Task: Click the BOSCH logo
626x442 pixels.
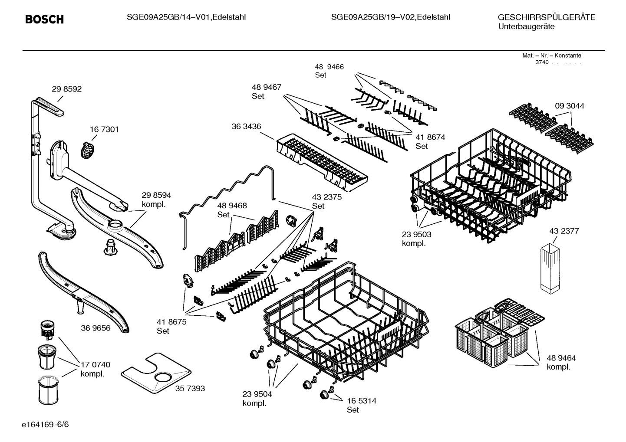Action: click(x=44, y=20)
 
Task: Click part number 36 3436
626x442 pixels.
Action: click(x=246, y=126)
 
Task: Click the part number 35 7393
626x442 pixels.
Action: click(x=190, y=388)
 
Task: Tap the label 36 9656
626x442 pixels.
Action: click(x=96, y=328)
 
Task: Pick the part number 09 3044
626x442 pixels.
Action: click(x=569, y=106)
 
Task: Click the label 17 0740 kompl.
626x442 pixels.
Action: click(x=95, y=369)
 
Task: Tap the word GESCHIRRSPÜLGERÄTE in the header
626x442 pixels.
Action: click(x=546, y=17)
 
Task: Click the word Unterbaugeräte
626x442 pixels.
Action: click(x=526, y=26)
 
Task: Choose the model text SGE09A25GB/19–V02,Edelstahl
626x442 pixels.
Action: click(x=390, y=17)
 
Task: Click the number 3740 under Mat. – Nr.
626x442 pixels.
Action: click(x=541, y=62)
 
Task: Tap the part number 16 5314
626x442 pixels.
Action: click(x=361, y=401)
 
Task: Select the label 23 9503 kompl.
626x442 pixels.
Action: click(x=416, y=239)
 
